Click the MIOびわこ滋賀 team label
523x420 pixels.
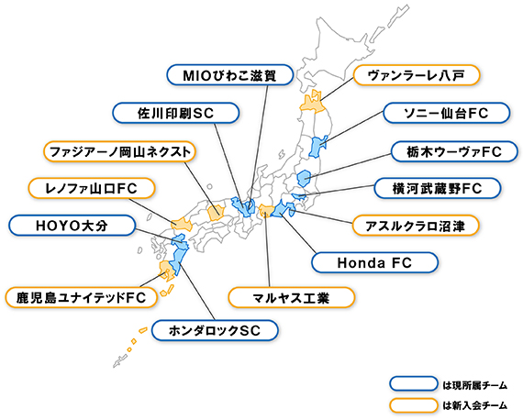pos(229,74)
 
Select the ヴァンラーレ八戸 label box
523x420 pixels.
pos(417,75)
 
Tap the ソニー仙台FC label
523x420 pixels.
pos(447,113)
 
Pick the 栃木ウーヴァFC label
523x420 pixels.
pos(454,151)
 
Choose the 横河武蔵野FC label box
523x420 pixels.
pos(438,188)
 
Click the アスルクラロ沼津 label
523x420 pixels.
pos(416,226)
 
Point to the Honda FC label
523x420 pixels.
pos(374,262)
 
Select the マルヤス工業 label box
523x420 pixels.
pos(291,297)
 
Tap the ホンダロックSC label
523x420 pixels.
pos(215,330)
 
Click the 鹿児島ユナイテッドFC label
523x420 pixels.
pos(81,297)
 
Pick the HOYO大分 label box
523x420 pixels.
pos(72,226)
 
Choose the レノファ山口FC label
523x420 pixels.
pos(92,188)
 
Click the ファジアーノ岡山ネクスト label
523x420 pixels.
pos(120,151)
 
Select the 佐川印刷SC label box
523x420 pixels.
pos(176,113)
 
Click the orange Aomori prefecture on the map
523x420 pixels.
pos(312,102)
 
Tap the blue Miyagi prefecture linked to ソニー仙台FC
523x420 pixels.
pos(317,147)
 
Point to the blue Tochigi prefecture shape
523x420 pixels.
pos(304,178)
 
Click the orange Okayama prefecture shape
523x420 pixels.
pos(215,212)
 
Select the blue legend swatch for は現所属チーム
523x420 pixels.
pos(414,383)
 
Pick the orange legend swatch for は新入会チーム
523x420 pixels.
pos(414,405)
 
